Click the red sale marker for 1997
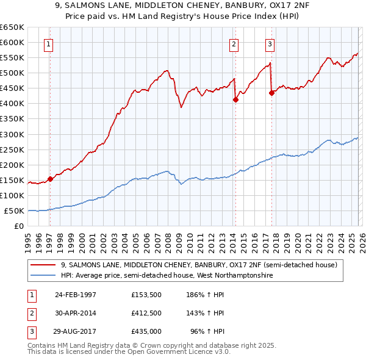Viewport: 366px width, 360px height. tap(51, 179)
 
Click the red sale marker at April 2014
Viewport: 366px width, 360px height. tap(235, 99)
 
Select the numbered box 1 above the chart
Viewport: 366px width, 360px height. tap(48, 43)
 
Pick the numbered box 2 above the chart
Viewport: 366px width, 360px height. tap(234, 43)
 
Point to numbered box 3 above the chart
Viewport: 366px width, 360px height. tap(270, 43)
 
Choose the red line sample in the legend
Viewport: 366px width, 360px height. tap(44, 265)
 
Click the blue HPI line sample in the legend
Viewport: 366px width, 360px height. tap(44, 276)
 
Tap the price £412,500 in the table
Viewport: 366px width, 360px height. tap(146, 313)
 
